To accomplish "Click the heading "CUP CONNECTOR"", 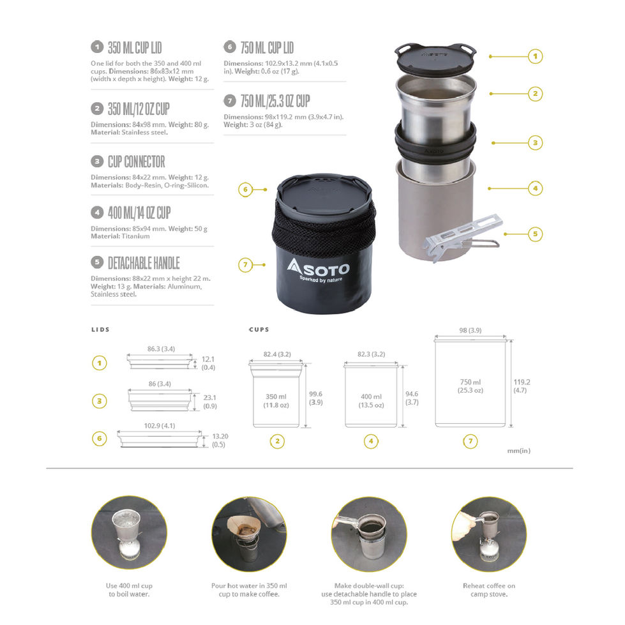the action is (137, 162).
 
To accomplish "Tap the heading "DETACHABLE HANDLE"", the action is (144, 263).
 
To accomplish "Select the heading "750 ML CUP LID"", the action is (267, 48).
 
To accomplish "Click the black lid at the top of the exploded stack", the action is (435, 56).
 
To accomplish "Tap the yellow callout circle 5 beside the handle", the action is (536, 234).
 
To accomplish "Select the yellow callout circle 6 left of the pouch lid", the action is (246, 190).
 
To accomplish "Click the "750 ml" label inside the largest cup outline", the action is (471, 382).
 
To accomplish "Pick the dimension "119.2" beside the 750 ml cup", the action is (522, 382).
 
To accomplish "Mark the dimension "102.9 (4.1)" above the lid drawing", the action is (160, 426).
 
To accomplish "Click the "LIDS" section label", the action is (100, 329).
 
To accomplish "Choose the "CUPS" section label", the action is (259, 329).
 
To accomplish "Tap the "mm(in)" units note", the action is (518, 451).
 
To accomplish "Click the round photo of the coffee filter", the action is (249, 534).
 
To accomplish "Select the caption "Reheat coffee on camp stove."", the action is (489, 590).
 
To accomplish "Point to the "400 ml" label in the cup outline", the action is (371, 396).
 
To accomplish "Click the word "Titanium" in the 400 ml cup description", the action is (135, 236).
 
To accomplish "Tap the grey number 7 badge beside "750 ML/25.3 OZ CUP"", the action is (230, 101).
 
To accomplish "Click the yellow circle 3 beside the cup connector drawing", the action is (100, 401).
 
